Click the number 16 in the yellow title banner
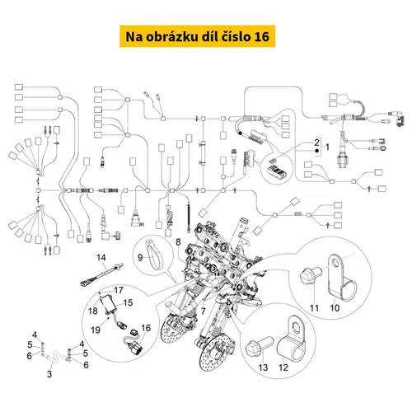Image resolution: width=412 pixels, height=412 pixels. pos(262,36)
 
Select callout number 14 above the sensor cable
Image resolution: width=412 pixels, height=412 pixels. pos(101,257)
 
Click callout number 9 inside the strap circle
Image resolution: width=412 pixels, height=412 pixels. pos(140,257)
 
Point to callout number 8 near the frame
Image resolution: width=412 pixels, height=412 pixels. pos(178,242)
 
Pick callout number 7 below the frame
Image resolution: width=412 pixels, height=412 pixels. pos(203,311)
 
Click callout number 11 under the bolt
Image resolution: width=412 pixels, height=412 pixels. pos(314,308)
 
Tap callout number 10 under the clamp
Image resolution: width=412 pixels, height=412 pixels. pos(335,308)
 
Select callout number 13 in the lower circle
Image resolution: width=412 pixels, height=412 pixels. pos(263,368)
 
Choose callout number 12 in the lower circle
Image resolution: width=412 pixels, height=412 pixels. pos(283,368)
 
